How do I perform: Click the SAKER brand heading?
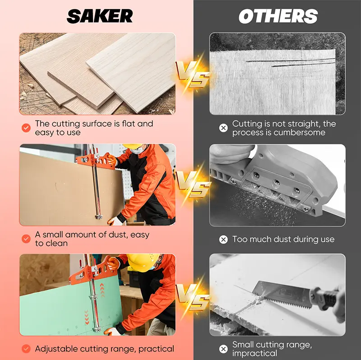pyautogui.click(x=100, y=16)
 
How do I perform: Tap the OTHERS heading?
pyautogui.click(x=278, y=16)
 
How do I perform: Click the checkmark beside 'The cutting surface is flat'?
pyautogui.click(x=26, y=128)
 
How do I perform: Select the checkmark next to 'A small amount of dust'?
pyautogui.click(x=26, y=239)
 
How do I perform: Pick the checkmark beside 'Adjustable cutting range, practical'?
pyautogui.click(x=26, y=349)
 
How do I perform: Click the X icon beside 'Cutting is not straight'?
pyautogui.click(x=223, y=128)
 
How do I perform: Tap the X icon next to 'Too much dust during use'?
pyautogui.click(x=223, y=240)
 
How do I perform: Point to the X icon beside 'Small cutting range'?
pyautogui.click(x=223, y=349)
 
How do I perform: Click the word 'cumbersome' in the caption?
pyautogui.click(x=299, y=133)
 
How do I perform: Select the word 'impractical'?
pyautogui.click(x=255, y=353)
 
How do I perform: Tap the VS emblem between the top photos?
pyautogui.click(x=193, y=74)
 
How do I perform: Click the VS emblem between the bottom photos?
pyautogui.click(x=193, y=296)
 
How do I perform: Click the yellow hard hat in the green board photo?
pyautogui.click(x=142, y=263)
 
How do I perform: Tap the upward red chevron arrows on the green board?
pyautogui.click(x=102, y=290)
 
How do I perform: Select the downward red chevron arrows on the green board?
pyautogui.click(x=87, y=317)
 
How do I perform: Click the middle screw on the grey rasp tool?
pyautogui.click(x=276, y=183)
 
